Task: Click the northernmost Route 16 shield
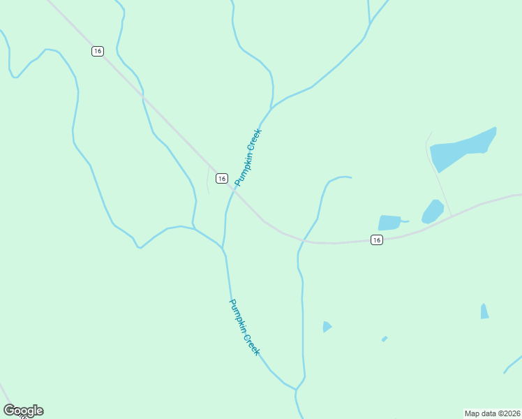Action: tap(97, 51)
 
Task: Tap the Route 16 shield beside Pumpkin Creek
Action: tap(221, 178)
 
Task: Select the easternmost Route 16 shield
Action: tap(377, 240)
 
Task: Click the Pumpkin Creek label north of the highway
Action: tap(248, 157)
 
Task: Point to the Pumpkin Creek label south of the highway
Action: tap(244, 327)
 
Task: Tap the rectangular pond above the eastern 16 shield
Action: tap(389, 222)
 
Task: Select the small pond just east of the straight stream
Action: tap(327, 326)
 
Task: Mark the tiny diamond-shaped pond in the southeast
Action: tap(385, 339)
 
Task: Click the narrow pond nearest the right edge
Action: tap(484, 311)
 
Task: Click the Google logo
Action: tap(23, 411)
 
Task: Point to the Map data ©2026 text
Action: tap(492, 413)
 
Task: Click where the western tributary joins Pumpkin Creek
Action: tap(222, 248)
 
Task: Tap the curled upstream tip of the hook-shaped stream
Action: tap(350, 177)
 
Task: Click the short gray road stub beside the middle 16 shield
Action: tap(208, 180)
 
